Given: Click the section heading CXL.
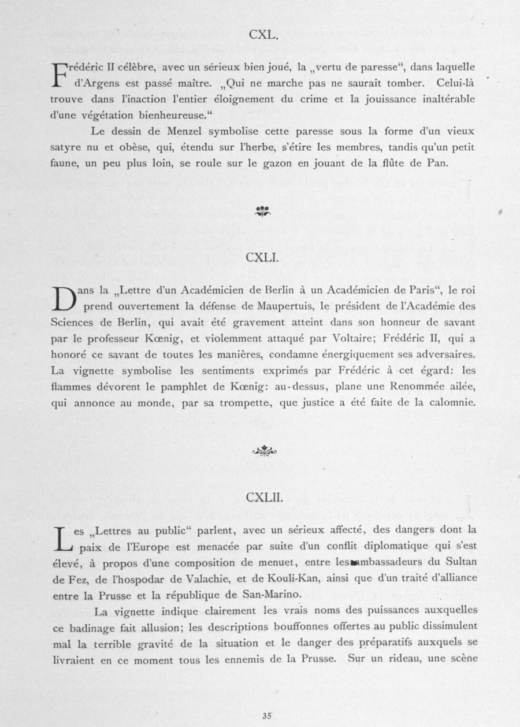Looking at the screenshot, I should click(265, 35).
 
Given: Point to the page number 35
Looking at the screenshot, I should click(266, 715).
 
